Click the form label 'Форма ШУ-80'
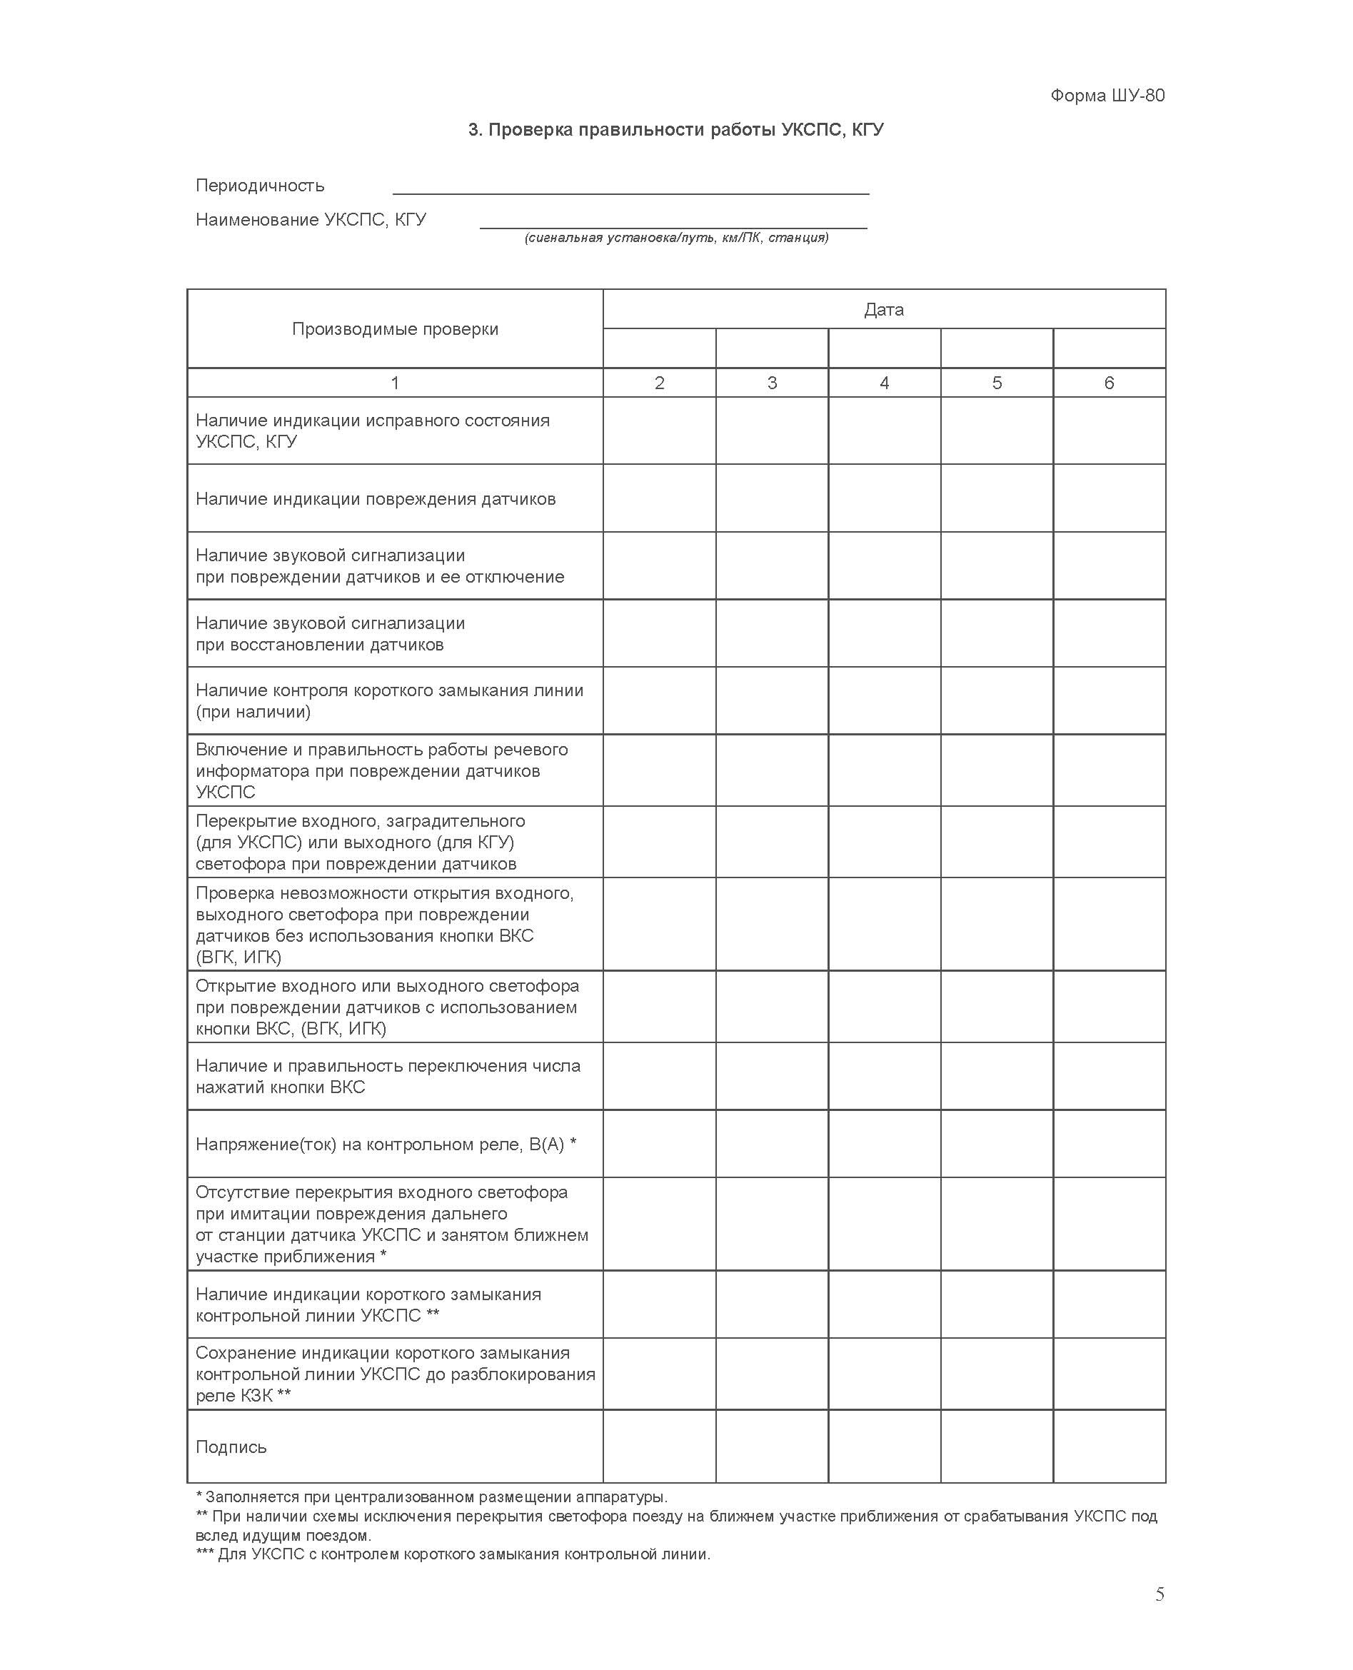click(x=1107, y=95)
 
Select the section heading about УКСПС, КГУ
click(x=675, y=129)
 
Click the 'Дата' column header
click(x=884, y=309)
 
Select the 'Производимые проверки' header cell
click(x=394, y=329)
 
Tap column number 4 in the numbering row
click(x=884, y=383)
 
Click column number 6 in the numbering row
click(x=1109, y=383)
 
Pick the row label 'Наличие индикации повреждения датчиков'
click(x=376, y=499)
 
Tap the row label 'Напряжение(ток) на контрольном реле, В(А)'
click(x=386, y=1144)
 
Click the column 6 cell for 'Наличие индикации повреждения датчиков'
click(x=1109, y=499)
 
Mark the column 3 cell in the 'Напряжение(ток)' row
click(x=772, y=1144)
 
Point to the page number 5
click(x=1160, y=1595)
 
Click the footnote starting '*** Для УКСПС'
click(x=453, y=1554)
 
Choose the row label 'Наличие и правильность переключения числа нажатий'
click(x=388, y=1076)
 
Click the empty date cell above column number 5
click(x=997, y=348)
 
